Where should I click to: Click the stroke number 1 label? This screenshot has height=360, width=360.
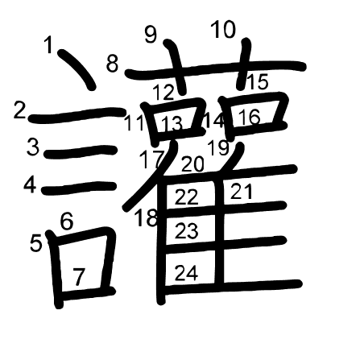[49, 45]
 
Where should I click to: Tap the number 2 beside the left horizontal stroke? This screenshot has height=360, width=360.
[19, 111]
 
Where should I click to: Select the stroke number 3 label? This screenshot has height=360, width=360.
[33, 147]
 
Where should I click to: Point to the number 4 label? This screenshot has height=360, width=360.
[30, 185]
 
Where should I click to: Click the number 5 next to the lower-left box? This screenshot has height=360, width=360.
[35, 243]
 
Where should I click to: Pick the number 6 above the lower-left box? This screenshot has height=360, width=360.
[67, 221]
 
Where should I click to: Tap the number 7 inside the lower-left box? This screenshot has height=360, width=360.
[79, 277]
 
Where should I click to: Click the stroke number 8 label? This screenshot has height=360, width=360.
[112, 64]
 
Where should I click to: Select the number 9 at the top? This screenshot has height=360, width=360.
[151, 35]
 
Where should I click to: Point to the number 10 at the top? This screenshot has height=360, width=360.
[223, 30]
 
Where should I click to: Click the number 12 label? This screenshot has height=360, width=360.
[164, 93]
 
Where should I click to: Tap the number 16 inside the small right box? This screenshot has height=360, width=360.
[250, 118]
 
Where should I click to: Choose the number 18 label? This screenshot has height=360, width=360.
[147, 217]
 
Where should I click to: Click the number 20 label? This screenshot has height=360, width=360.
[192, 164]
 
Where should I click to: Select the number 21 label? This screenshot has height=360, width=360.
[242, 191]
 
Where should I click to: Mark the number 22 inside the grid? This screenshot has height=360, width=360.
[187, 197]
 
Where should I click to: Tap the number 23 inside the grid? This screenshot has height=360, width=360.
[187, 231]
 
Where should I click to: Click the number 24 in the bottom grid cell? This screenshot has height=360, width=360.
[187, 273]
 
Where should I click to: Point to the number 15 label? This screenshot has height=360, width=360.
[258, 81]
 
